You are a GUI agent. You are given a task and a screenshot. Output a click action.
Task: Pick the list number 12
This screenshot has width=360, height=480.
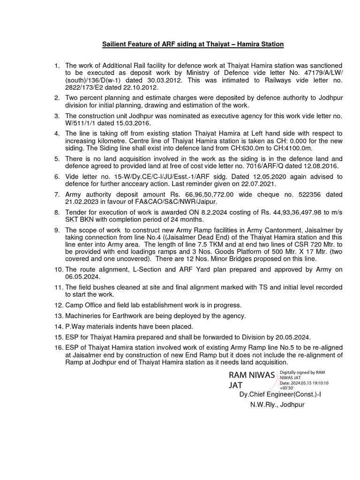click(58, 305)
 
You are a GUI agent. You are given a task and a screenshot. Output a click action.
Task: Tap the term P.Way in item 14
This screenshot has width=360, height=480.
click(75, 326)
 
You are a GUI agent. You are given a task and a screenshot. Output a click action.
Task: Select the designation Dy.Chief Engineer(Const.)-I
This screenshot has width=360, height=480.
click(280, 395)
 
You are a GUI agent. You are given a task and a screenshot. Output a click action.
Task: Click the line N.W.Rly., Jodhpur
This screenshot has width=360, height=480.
click(277, 405)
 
